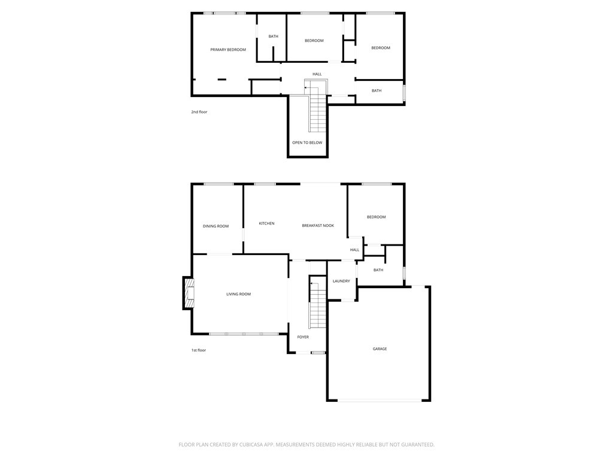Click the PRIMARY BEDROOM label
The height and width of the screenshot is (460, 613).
coord(228,50)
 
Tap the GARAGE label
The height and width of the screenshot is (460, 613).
coord(380,349)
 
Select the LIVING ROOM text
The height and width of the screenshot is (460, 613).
coord(238,294)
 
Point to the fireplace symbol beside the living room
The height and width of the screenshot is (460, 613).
coord(189,293)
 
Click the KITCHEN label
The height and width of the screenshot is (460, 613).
coord(266,223)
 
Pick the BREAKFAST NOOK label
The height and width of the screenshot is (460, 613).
coord(318,226)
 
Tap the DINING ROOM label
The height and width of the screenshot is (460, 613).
coord(216,226)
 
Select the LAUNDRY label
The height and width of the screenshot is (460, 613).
coord(341,282)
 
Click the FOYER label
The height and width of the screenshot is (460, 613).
coord(303,337)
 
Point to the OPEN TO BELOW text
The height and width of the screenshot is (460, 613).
coord(307,143)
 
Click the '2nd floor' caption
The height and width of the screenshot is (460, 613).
coord(199,112)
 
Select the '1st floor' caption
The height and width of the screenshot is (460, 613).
coord(199,350)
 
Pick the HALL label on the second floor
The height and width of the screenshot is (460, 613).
coord(317,74)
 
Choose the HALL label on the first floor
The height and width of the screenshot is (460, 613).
coord(354,250)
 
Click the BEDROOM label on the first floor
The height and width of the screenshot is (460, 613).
coord(377,217)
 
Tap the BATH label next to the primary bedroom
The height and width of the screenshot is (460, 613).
coord(273,37)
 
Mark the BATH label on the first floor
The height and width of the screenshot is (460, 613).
coord(378,270)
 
